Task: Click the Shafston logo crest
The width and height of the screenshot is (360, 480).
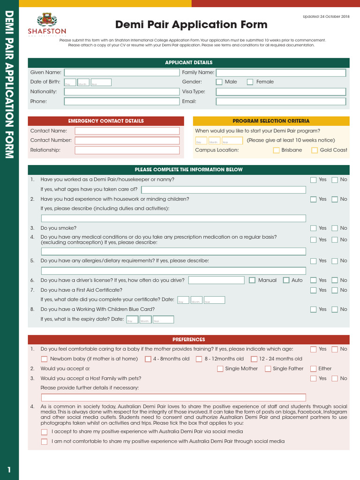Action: [47, 19]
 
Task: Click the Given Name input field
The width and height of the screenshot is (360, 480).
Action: [121, 72]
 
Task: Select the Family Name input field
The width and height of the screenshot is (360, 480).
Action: [281, 72]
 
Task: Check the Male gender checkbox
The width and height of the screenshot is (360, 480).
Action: [219, 82]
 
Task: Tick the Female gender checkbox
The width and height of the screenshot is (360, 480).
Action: [250, 82]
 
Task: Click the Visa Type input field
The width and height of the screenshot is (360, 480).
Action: [281, 92]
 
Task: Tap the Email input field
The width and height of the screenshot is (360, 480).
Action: [281, 101]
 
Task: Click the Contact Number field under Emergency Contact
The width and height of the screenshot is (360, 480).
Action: [127, 141]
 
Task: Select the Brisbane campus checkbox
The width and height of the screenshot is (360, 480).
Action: [277, 150]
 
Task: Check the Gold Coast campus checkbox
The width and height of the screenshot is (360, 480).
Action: [315, 150]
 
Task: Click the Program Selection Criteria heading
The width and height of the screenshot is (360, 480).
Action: [271, 121]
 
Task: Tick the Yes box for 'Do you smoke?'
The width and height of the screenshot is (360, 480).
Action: [313, 228]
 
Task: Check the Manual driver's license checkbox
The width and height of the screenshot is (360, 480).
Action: [253, 280]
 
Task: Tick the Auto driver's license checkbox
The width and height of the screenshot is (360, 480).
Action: [286, 280]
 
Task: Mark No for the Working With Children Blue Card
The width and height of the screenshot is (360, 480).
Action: [335, 309]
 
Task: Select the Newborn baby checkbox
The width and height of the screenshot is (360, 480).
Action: [44, 359]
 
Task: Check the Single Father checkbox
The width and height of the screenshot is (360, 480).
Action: [268, 369]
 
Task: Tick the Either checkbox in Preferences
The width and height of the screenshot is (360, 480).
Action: [313, 369]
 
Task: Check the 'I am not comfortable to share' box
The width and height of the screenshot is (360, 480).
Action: [44, 442]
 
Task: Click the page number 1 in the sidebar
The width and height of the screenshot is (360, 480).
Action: [9, 470]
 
